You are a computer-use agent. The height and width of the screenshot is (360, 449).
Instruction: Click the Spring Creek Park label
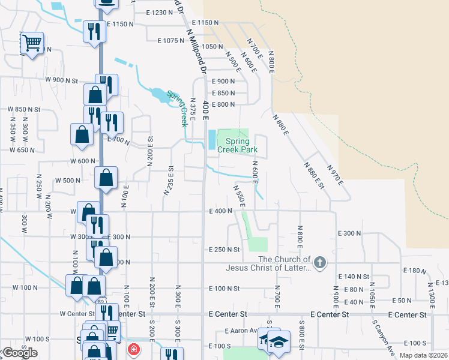coord(237,145)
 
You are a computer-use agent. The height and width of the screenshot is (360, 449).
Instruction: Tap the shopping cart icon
coord(32,43)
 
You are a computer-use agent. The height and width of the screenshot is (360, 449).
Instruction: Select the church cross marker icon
coord(320,262)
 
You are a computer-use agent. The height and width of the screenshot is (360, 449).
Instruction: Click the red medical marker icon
coord(133,349)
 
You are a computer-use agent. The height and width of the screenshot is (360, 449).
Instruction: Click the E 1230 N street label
coord(159,13)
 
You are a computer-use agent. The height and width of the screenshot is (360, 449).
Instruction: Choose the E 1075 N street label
coord(171,41)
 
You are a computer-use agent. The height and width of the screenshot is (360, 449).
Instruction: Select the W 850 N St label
coord(23,109)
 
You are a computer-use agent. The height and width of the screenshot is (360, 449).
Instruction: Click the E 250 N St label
coord(224,249)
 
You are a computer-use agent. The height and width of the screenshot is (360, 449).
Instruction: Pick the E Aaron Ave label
coord(241,331)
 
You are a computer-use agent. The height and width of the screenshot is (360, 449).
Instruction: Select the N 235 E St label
coord(169,181)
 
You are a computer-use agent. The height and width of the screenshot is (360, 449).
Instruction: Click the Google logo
coord(20,353)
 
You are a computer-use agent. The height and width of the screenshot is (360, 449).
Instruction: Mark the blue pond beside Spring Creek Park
coord(211,140)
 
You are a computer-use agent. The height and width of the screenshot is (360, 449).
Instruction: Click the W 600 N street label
coord(83,161)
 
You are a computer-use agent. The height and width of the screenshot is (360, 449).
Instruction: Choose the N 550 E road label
coord(238,196)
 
